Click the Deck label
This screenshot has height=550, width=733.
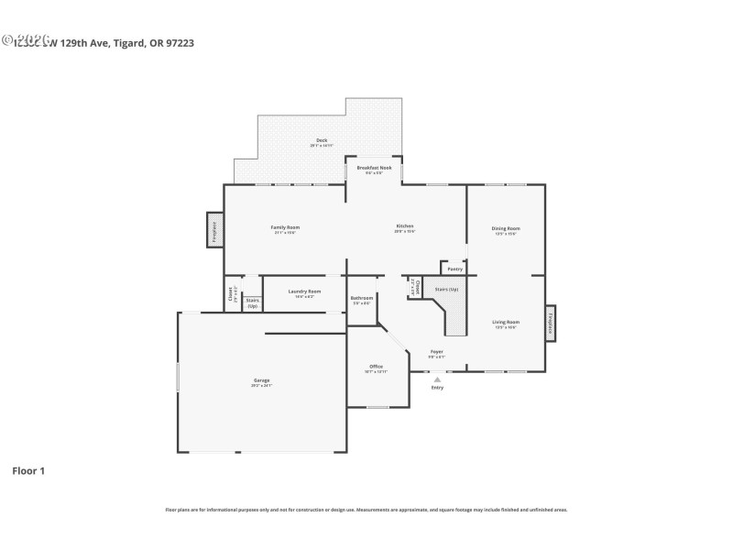(x=321, y=140)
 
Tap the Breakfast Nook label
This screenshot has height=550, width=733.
(x=374, y=169)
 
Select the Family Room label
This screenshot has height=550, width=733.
(x=285, y=227)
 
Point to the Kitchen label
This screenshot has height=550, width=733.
(x=404, y=226)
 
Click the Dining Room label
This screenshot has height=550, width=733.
(x=506, y=228)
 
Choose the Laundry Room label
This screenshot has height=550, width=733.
(x=304, y=291)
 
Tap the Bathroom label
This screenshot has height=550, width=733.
(x=362, y=299)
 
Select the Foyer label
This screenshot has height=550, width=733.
(x=437, y=352)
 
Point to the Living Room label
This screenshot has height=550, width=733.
(x=506, y=323)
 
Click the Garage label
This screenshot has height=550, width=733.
(x=262, y=380)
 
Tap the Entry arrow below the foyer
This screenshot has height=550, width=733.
(x=437, y=379)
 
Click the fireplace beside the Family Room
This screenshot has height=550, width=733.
(x=214, y=230)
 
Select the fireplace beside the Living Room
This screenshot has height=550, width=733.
(x=550, y=323)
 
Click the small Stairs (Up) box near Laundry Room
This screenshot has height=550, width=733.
(x=252, y=302)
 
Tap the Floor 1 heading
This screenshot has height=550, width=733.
(x=27, y=470)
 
